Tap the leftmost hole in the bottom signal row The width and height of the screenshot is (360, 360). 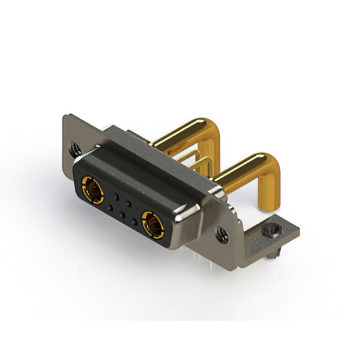click(x=110, y=209)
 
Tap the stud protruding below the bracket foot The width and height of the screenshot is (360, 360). click(x=272, y=255)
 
